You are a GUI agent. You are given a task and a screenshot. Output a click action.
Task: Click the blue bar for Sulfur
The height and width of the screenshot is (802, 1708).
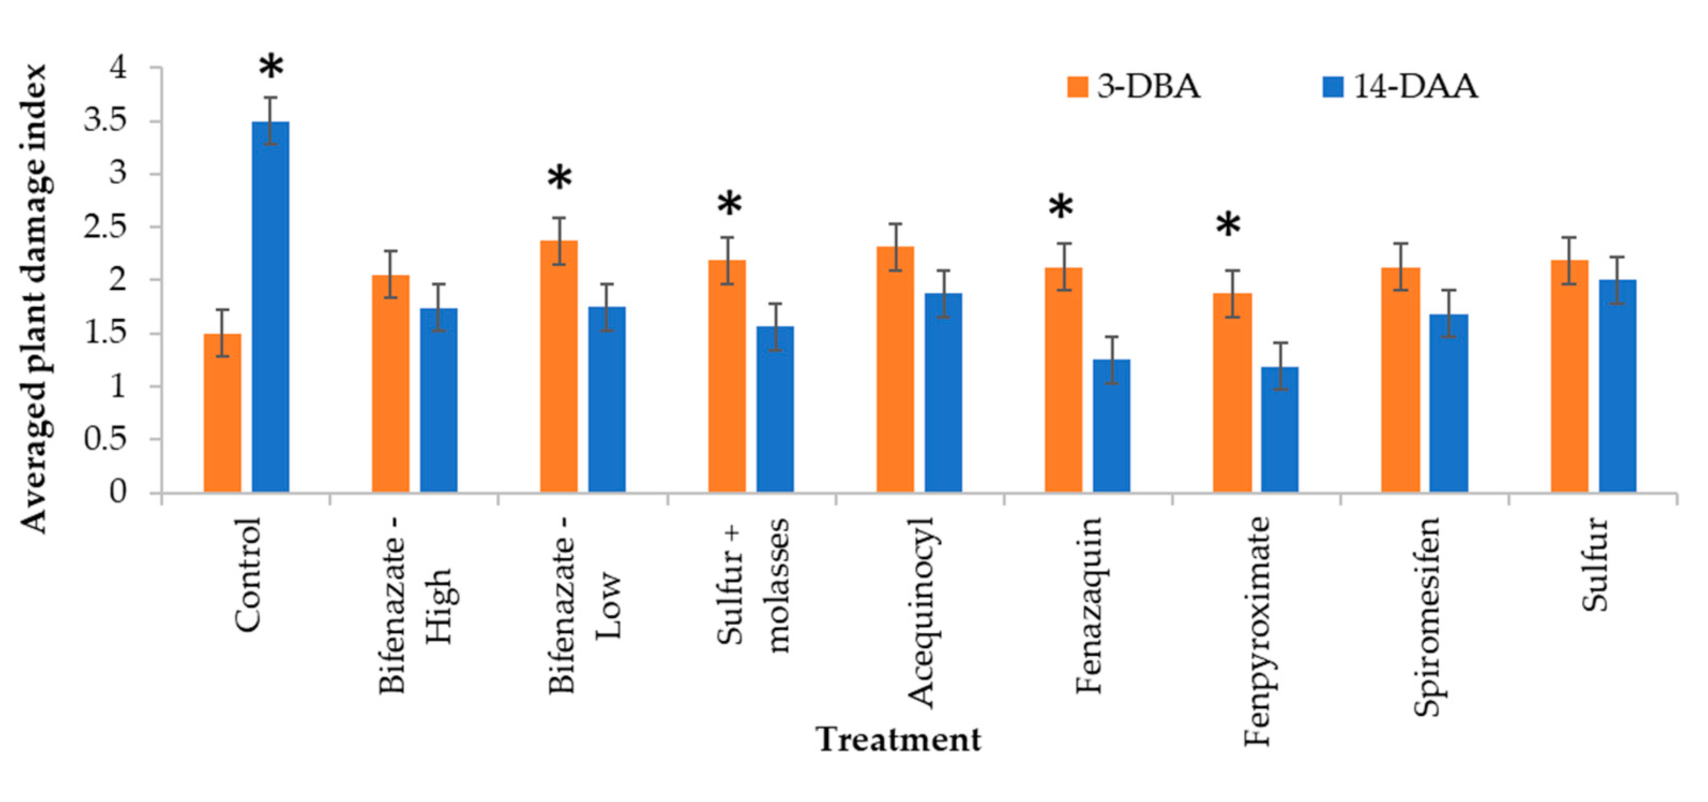click(1618, 385)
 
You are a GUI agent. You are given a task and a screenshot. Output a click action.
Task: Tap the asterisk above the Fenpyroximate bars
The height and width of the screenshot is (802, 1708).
click(1228, 226)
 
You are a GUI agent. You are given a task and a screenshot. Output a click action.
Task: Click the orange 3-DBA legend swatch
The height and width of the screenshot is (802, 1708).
click(1077, 87)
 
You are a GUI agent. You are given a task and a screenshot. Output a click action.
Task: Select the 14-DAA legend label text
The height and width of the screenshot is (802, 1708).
click(1415, 87)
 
